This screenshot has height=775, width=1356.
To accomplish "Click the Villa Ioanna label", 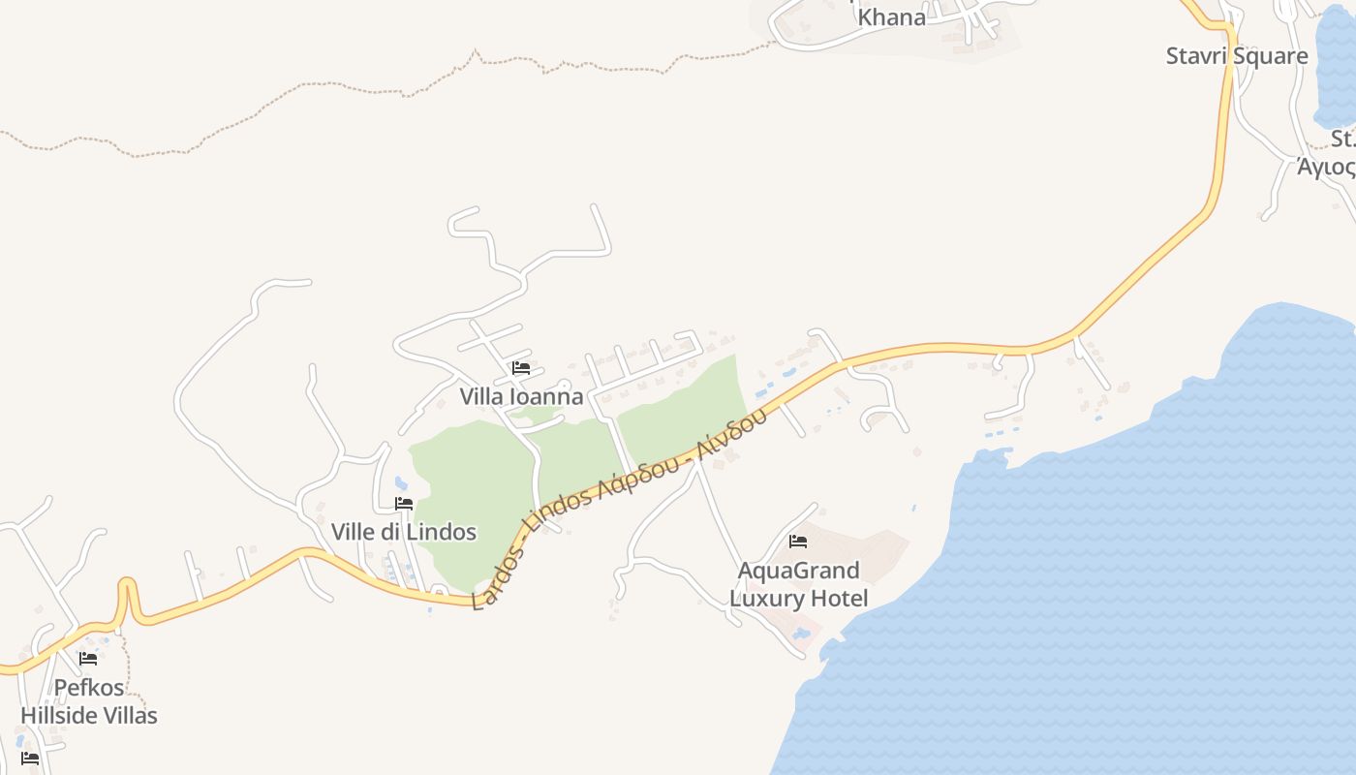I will point(521,396).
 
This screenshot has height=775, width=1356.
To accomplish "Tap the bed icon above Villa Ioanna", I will point(521,368).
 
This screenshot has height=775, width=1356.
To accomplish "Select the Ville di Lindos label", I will point(404,532).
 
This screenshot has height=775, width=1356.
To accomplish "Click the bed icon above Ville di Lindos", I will point(404,504).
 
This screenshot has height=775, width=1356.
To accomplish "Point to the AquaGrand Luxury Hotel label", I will point(798,584).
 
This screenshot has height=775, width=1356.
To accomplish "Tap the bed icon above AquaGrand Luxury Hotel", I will point(798,541).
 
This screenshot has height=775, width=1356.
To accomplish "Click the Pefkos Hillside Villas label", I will point(89,701).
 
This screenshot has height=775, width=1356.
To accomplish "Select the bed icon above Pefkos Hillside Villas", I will point(88,659).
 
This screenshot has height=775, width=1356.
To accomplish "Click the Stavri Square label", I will point(1237,55).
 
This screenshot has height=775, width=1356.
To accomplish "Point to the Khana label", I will point(891,16).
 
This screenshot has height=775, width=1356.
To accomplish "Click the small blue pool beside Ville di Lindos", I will point(401,482).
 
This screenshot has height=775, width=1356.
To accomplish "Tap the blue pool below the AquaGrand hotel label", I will point(801,635).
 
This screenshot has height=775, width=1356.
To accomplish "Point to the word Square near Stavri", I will point(1270,55).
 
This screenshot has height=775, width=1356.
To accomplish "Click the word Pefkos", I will point(89,688).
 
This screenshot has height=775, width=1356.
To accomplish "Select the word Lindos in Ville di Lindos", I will point(442,532).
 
